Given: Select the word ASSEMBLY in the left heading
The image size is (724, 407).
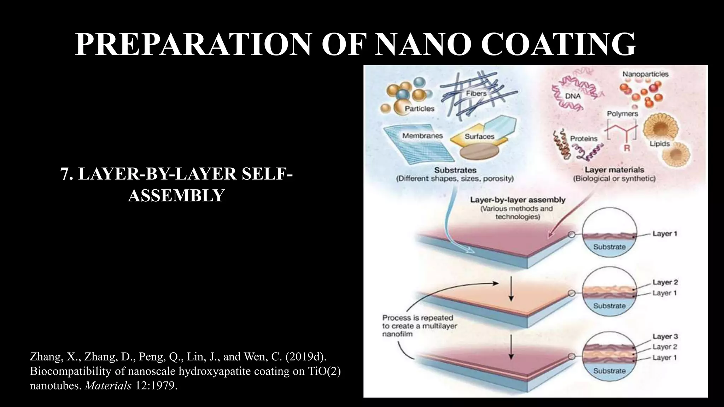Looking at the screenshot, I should (x=176, y=195).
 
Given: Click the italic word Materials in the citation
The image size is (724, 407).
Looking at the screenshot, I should (x=108, y=385).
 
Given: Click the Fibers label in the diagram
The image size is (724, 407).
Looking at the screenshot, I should (x=476, y=94).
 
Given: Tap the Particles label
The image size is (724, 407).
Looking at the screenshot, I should (x=420, y=108).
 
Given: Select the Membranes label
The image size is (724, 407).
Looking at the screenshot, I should (x=422, y=136).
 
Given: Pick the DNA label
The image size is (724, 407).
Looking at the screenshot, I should (x=573, y=96).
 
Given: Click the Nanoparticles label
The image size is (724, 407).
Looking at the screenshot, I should (x=646, y=74).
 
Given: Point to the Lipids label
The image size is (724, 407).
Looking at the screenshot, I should (x=660, y=144).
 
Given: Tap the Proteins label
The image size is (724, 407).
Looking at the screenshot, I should (x=584, y=139).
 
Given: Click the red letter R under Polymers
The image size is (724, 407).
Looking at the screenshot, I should (x=627, y=148).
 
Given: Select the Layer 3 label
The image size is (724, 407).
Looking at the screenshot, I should (x=665, y=336).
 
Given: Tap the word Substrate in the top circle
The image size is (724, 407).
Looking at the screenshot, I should (x=609, y=247).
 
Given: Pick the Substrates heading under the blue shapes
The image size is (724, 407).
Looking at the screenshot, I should (x=455, y=170).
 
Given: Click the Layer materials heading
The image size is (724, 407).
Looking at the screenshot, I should (x=614, y=170).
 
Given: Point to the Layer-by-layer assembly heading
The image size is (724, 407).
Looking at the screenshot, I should (x=518, y=200).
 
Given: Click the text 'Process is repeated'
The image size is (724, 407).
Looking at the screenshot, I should (x=418, y=318).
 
